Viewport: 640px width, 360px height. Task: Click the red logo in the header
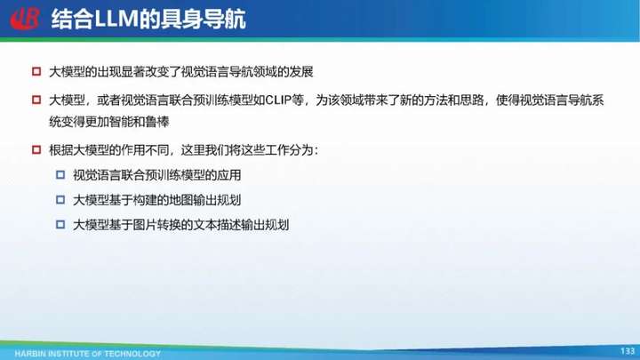click(x=25, y=19)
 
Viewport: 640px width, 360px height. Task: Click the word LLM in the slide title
click(x=116, y=19)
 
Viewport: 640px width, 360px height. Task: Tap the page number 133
click(x=628, y=350)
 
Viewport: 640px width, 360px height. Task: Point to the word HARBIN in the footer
click(x=30, y=354)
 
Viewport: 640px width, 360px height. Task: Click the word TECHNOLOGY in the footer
click(x=132, y=354)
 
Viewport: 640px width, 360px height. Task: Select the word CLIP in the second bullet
click(x=277, y=100)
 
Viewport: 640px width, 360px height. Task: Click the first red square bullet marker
click(x=36, y=71)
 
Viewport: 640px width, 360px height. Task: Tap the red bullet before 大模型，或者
click(x=36, y=100)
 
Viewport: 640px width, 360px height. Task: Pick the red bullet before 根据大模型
click(x=36, y=150)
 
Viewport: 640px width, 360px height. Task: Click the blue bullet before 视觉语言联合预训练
click(x=60, y=175)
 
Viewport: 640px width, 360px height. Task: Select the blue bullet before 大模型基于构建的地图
click(x=60, y=200)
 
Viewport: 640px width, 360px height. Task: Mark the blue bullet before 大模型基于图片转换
click(x=60, y=225)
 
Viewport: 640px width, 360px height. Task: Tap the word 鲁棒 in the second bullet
click(x=157, y=122)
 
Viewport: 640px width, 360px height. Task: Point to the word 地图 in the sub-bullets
click(x=180, y=200)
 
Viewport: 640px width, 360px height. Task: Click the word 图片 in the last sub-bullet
click(x=145, y=225)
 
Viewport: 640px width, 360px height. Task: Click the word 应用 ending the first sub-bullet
click(x=229, y=175)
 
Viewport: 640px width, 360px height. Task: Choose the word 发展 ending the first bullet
click(x=301, y=72)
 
